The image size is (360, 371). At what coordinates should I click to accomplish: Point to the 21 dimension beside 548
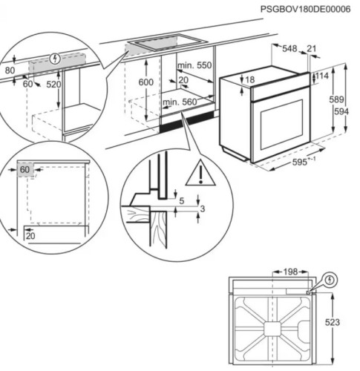[311, 48]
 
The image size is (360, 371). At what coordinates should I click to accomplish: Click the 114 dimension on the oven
[321, 76]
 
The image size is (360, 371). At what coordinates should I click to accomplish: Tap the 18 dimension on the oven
[250, 79]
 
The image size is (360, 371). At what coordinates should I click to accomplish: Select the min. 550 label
[195, 65]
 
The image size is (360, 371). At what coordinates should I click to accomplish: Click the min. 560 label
[179, 101]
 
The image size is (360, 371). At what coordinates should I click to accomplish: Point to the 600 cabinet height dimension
[147, 82]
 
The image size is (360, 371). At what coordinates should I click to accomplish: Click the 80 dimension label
[10, 71]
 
